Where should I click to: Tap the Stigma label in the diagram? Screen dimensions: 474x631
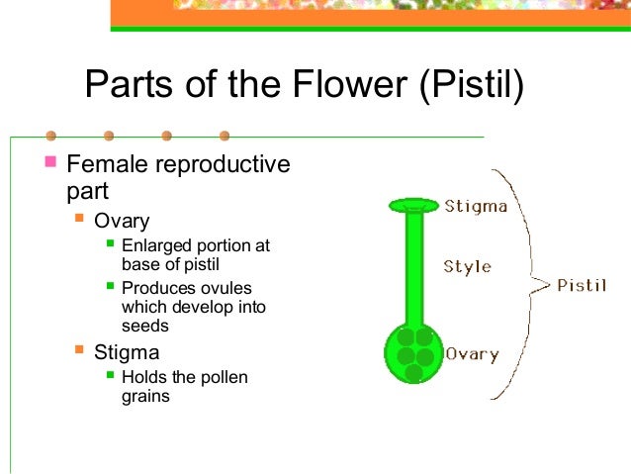click(476, 206)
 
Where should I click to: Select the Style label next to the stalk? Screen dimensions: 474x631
click(467, 266)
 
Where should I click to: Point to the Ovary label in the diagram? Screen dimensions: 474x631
click(472, 353)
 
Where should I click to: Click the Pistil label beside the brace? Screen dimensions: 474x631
click(582, 285)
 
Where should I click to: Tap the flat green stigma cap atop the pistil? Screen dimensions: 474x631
click(413, 205)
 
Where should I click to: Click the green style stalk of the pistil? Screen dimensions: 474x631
click(414, 267)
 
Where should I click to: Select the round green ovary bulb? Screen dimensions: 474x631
click(414, 354)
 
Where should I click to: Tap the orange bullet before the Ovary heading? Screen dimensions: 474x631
click(78, 217)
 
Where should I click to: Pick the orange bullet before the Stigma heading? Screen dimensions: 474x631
click(78, 348)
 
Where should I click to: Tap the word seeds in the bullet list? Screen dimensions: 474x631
click(145, 326)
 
